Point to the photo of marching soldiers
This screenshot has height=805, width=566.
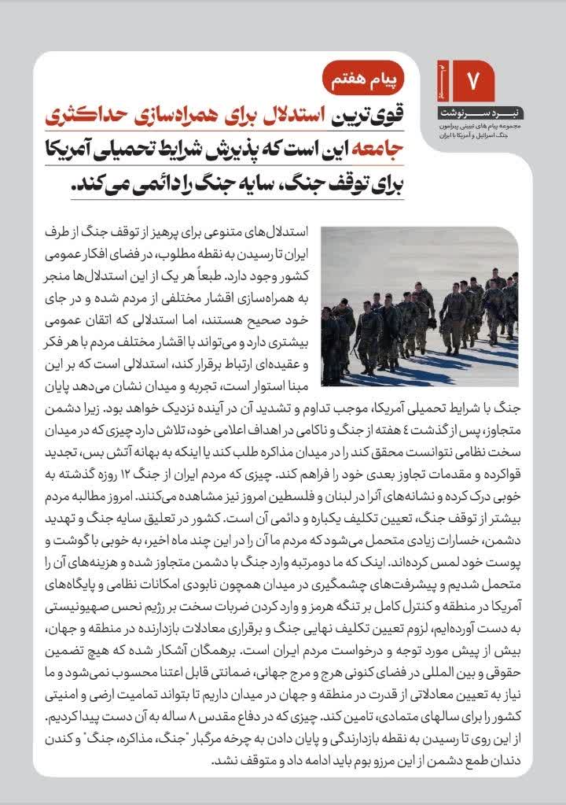(420, 306)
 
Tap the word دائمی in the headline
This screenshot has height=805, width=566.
(145, 186)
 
